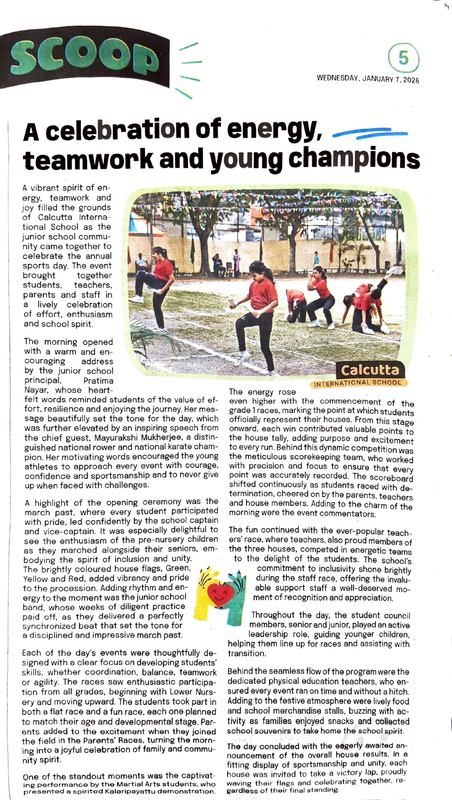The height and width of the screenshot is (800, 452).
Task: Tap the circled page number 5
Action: click(403, 58)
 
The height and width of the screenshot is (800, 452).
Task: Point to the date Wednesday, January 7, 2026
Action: click(368, 79)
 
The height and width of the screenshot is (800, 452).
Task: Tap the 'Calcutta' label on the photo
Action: click(370, 370)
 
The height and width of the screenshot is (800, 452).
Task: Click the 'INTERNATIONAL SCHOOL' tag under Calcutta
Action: click(357, 383)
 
